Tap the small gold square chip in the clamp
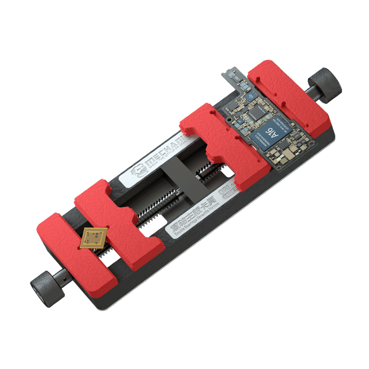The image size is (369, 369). click(94, 238)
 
